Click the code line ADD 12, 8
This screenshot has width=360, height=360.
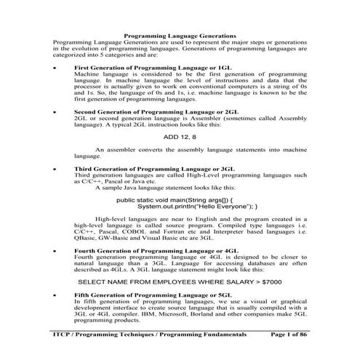[180, 136]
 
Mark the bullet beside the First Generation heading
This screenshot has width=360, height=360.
[56, 68]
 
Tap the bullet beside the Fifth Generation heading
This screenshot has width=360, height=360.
[56, 295]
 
